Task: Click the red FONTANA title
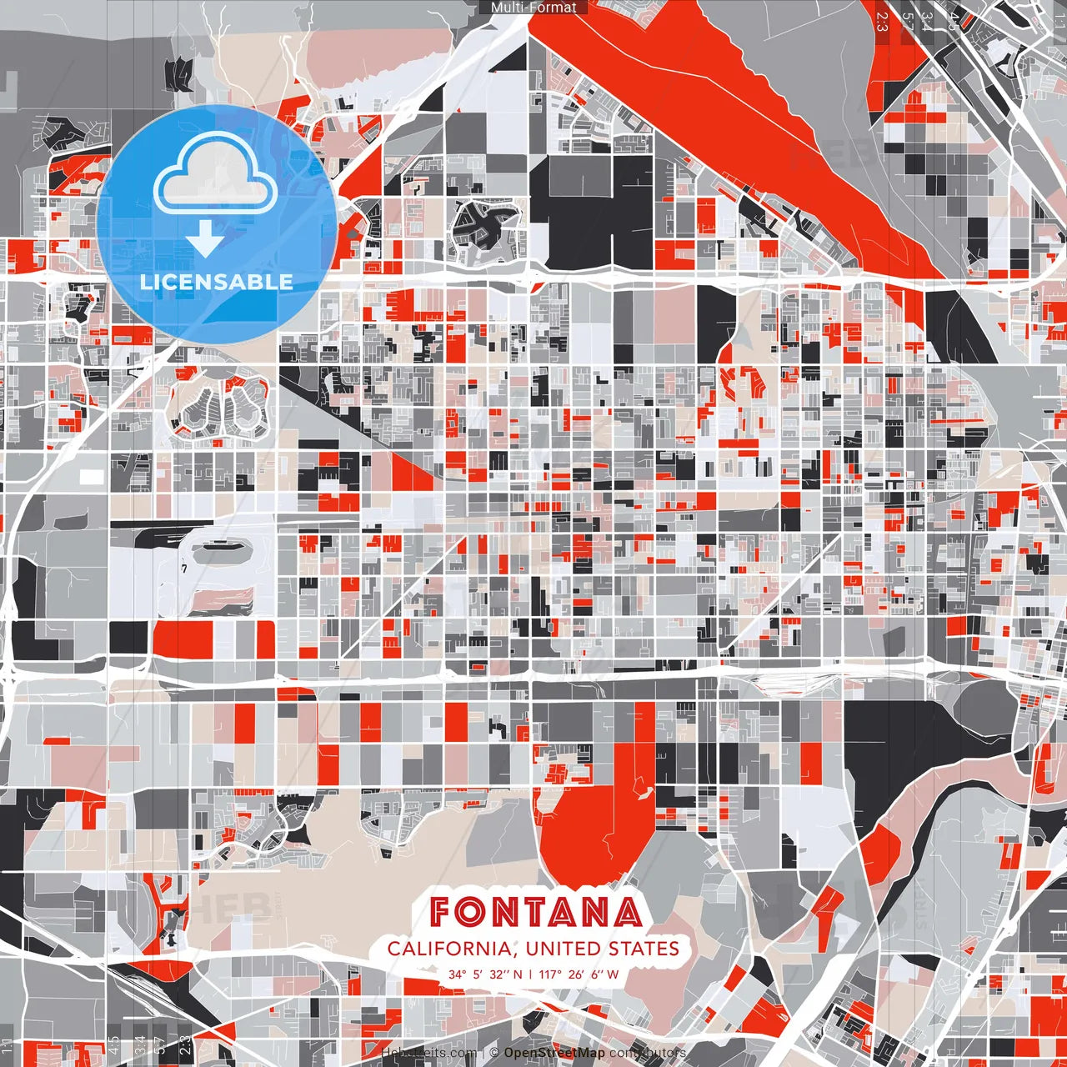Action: coord(536,912)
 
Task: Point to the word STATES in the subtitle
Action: coord(644,949)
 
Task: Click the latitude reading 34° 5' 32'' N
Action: coord(485,974)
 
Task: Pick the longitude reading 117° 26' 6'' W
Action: coord(579,974)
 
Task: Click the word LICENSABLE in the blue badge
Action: coord(217,282)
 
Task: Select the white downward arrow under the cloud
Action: coord(205,238)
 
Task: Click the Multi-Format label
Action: coord(533,8)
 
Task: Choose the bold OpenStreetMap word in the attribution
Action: coord(554,1053)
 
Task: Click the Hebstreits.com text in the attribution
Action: coord(429,1053)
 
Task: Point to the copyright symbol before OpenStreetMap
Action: coord(494,1053)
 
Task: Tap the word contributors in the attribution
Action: coord(648,1053)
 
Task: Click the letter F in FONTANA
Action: coord(443,912)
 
